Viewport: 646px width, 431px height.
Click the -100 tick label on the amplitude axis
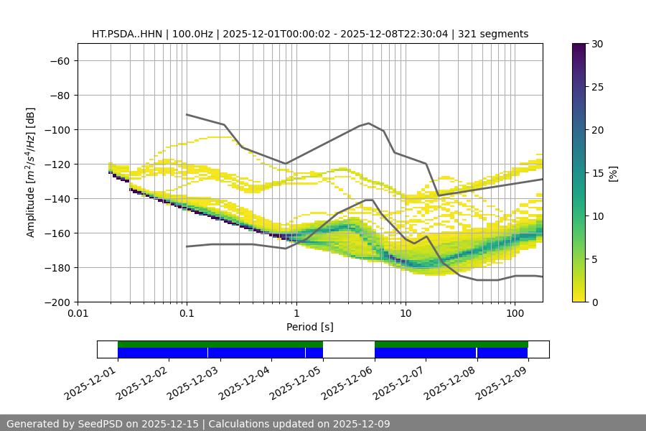point(59,130)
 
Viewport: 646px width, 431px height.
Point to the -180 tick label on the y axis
point(59,268)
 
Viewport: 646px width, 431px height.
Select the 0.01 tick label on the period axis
point(78,314)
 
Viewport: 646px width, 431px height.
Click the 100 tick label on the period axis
point(514,314)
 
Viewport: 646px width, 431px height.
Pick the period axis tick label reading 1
point(296,314)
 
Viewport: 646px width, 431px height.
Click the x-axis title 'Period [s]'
point(310,327)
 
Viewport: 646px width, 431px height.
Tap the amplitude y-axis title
point(31,172)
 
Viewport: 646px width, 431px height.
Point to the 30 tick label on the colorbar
point(597,45)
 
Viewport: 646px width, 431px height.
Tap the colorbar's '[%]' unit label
point(613,172)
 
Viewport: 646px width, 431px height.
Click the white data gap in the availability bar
point(349,349)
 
